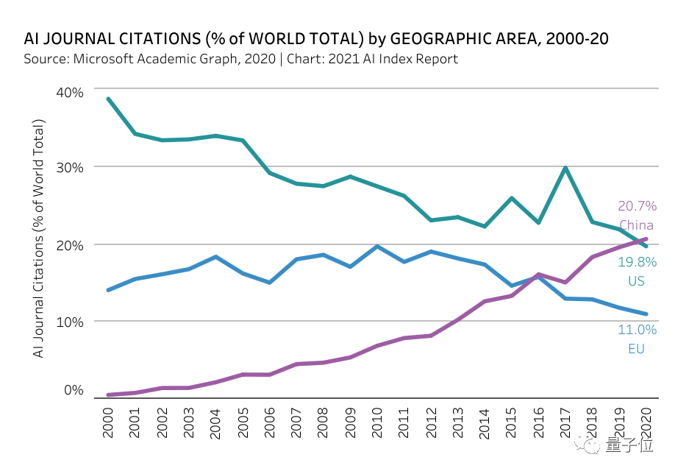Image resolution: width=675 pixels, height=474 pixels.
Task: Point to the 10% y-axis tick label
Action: pos(71,321)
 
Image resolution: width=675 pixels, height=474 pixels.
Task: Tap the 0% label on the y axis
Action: pos(74,390)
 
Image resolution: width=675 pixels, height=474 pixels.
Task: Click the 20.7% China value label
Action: pos(636,206)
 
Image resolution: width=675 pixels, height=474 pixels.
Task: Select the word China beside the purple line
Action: pos(636,225)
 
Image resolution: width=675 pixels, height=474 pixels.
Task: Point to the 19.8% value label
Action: pos(636,262)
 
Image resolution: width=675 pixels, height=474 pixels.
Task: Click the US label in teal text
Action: pos(636,281)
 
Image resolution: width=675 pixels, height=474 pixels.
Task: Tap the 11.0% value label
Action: pos(636,330)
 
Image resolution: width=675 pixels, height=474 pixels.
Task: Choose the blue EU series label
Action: pos(636,349)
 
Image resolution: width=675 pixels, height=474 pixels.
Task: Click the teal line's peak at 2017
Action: pos(565,168)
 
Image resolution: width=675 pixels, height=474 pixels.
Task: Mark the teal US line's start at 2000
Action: pos(108,99)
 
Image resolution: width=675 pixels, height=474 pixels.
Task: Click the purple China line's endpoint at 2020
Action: pos(646,238)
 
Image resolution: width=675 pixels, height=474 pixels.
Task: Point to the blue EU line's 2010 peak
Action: pos(376,246)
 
